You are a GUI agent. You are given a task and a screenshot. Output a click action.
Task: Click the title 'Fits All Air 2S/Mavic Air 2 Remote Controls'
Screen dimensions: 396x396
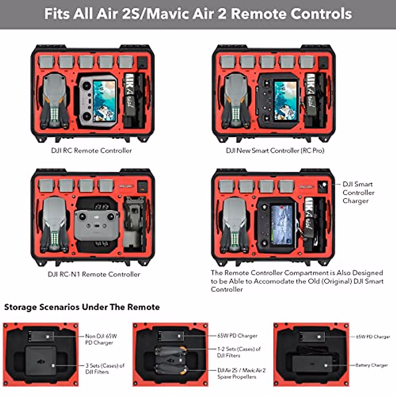[x=198, y=14]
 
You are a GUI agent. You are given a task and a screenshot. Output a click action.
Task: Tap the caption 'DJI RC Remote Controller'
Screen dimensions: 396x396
[x=91, y=150]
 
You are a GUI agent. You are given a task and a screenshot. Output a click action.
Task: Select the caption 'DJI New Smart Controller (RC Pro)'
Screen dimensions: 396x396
[x=275, y=150]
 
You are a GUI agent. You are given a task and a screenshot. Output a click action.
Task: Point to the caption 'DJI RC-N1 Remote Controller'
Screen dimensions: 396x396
[x=94, y=274]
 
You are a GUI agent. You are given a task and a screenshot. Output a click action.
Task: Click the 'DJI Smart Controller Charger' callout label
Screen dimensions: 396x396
[x=358, y=192]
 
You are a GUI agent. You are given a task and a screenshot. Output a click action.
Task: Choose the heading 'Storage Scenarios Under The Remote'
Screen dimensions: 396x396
[x=82, y=307]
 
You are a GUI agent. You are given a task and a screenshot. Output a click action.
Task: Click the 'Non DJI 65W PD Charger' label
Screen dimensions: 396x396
[x=101, y=339]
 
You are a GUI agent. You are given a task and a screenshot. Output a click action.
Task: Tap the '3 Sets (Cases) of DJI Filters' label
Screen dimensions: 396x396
[x=105, y=368]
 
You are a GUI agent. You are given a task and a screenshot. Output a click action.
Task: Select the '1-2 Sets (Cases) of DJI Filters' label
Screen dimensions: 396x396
[x=239, y=352]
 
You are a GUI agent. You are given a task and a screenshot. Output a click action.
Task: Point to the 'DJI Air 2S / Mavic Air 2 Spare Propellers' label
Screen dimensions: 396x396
[x=241, y=373]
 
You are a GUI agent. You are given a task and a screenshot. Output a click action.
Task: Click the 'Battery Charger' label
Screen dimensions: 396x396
[x=371, y=365]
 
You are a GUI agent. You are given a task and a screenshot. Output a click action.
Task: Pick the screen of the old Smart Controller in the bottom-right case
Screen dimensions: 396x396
[x=282, y=224]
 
